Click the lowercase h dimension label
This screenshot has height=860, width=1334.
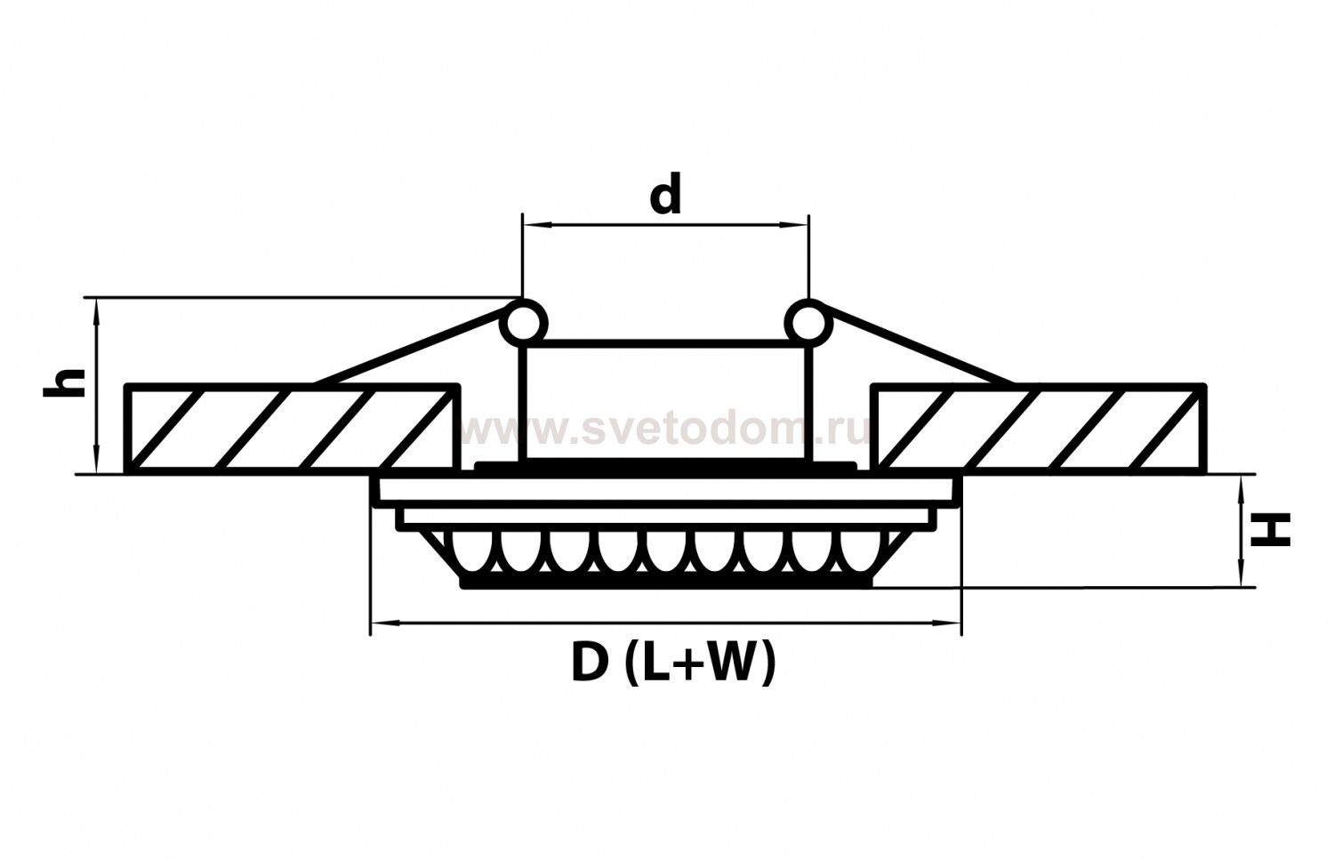point(64,382)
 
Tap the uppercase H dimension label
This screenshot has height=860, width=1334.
point(1270,530)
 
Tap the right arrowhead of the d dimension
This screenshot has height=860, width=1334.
point(797,225)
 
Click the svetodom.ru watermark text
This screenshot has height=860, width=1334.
point(665,432)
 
